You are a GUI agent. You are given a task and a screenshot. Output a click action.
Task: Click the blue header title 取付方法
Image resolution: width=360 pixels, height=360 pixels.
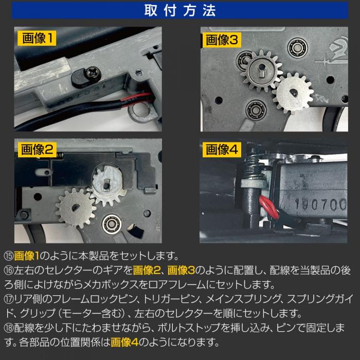[x=180, y=11]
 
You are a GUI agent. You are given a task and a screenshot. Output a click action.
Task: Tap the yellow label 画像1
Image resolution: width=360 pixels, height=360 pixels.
[x=37, y=38]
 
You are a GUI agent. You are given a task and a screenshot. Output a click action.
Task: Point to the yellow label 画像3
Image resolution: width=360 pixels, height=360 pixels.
[x=222, y=40]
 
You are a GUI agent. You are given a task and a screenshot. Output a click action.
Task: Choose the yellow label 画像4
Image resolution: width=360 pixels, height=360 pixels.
[x=222, y=150]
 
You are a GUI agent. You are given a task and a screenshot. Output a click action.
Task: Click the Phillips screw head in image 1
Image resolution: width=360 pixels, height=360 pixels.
[x=94, y=73]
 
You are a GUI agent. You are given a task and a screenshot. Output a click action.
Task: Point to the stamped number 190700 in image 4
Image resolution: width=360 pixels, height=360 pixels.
[x=320, y=204]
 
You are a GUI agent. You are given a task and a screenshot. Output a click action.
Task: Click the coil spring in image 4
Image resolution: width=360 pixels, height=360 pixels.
[x=252, y=165]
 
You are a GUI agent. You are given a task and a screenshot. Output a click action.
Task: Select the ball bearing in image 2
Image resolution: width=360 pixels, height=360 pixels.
[x=112, y=224]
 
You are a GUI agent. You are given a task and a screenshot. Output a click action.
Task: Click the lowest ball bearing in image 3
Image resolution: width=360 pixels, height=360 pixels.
[x=256, y=109]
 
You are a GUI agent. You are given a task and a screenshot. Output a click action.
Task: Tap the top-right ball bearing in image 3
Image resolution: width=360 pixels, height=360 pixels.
[x=297, y=48]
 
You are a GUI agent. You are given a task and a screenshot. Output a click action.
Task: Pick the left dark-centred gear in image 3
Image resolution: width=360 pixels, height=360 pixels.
[x=261, y=71]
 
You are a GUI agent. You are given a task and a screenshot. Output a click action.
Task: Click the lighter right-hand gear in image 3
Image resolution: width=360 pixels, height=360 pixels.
[x=293, y=94]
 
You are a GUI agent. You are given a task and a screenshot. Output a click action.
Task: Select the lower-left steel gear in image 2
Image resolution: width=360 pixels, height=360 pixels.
[x=76, y=208]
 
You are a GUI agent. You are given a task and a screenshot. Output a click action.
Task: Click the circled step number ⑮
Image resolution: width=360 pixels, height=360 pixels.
[x=9, y=256]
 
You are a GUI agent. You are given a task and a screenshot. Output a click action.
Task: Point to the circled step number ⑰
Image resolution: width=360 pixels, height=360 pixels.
[x=9, y=299]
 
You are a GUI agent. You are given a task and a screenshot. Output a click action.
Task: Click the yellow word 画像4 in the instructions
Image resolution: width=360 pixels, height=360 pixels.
[x=124, y=343]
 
